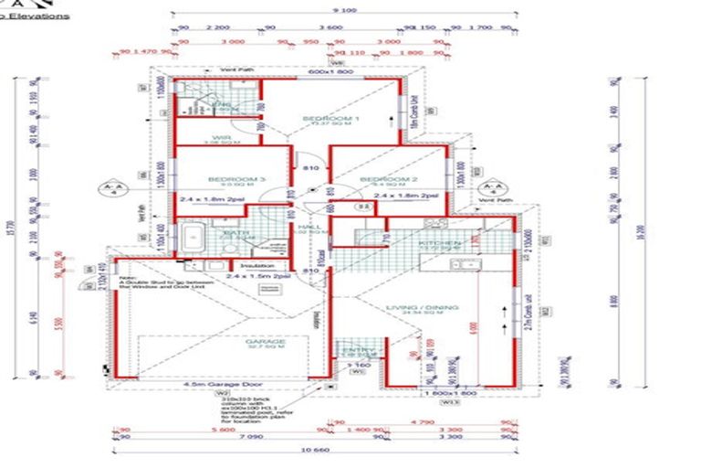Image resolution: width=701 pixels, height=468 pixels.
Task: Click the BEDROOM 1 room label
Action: point(331,118)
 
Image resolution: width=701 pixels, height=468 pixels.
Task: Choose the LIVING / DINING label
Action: point(421,307)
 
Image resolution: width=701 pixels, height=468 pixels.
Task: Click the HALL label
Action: point(309,229)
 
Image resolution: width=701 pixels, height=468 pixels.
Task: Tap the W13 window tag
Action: point(448,400)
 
